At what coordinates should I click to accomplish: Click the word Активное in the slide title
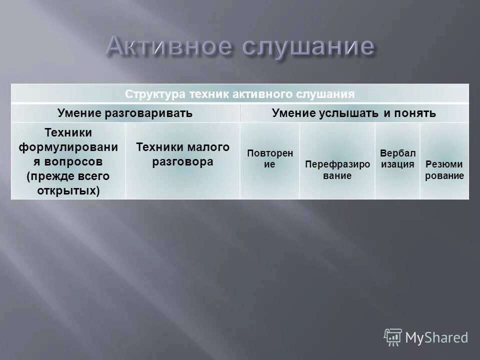[169, 47]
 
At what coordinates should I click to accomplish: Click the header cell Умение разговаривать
[125, 113]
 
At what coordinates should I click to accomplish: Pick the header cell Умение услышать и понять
[354, 113]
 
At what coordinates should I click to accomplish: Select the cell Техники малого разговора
[182, 154]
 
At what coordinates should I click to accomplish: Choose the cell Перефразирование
[337, 170]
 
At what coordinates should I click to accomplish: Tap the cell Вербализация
[397, 158]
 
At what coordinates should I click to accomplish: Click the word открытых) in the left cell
[68, 190]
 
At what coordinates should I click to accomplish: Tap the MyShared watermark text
[436, 337]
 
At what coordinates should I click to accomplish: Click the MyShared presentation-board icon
[393, 336]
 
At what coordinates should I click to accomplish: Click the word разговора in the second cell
[182, 162]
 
